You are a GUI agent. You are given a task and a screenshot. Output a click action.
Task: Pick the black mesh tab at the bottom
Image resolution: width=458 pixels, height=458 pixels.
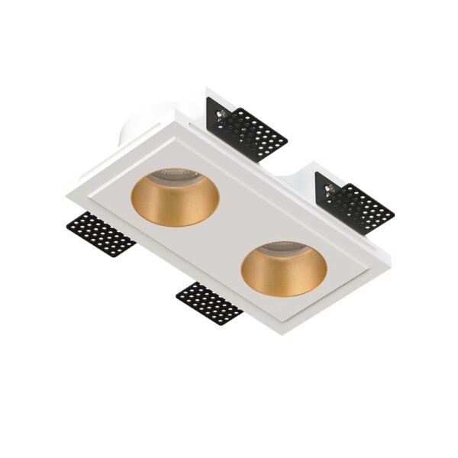tap(208, 301)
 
